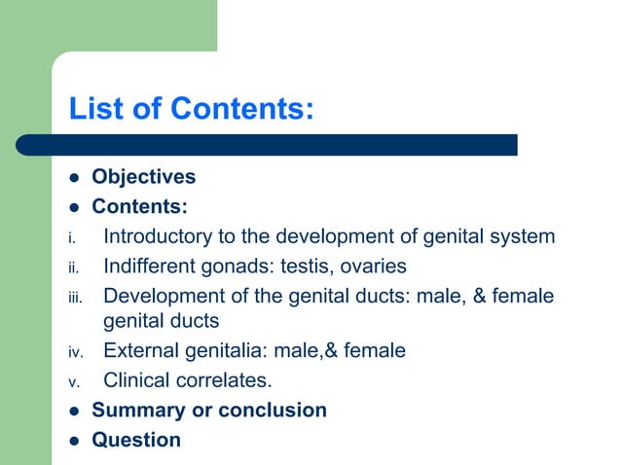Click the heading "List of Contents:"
coord(191,108)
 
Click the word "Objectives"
coord(143,177)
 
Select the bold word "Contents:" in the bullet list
coord(139,206)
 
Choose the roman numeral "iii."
coord(74,297)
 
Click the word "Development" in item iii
coord(165,295)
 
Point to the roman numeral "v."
coord(72,380)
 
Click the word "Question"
coord(136,440)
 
